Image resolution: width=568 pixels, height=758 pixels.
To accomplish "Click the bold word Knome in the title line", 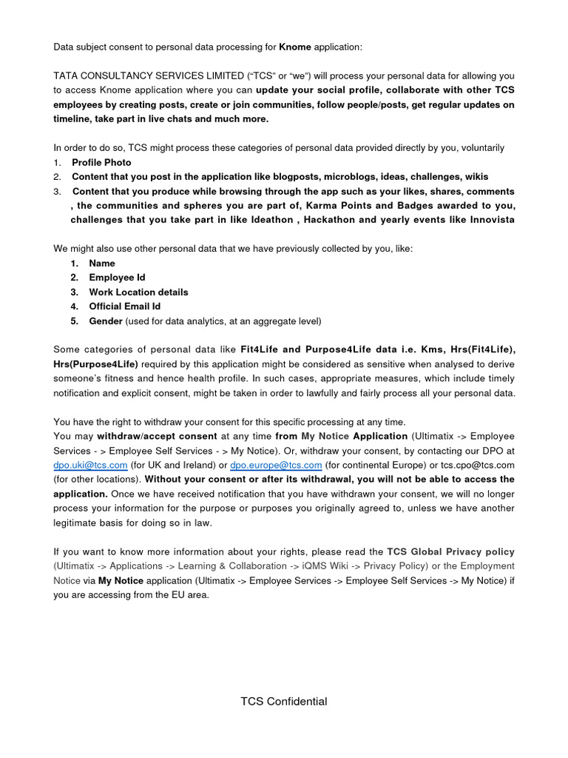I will [295, 47].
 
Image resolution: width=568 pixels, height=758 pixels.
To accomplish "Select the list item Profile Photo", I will [101, 162].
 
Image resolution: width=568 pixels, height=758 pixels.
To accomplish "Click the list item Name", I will [102, 263].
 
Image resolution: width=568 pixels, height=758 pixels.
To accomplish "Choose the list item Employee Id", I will [117, 278].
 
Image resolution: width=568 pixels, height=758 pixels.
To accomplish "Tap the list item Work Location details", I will [138, 292].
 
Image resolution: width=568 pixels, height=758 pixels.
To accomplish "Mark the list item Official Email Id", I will [124, 306].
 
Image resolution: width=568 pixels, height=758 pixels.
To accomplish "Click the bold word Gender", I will [106, 321].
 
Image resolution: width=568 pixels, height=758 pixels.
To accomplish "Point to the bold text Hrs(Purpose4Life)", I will [95, 364].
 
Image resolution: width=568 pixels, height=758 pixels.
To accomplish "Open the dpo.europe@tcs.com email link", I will [276, 465].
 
